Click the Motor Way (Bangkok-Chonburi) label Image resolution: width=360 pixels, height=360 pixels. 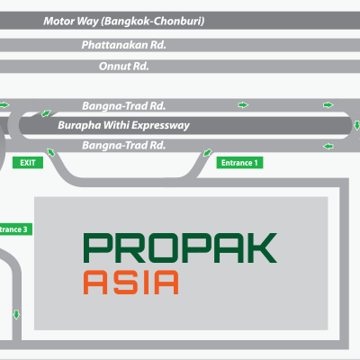124,21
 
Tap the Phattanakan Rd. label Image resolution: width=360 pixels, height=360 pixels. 124,45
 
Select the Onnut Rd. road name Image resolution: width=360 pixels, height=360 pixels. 124,67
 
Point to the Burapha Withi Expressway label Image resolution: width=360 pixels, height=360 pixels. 123,125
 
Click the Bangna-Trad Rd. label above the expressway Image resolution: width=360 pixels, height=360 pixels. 124,106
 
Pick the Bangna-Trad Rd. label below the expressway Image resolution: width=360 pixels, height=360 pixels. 124,146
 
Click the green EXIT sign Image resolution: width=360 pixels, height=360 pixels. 28,163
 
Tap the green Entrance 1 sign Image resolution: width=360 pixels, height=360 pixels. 239,163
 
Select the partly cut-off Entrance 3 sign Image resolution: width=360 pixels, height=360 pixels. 15,229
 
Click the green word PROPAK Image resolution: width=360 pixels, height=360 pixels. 180,248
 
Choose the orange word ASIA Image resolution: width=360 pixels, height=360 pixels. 130,282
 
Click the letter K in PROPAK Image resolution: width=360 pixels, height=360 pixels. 261,248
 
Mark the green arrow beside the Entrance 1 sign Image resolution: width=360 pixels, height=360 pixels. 207,153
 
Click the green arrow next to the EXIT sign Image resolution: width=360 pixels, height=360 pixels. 51,152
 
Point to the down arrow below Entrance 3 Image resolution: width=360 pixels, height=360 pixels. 16,315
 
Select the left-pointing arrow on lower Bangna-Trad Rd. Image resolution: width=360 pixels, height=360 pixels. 328,147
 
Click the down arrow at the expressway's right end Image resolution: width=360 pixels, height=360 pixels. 356,125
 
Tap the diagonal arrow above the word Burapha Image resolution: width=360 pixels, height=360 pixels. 46,113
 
